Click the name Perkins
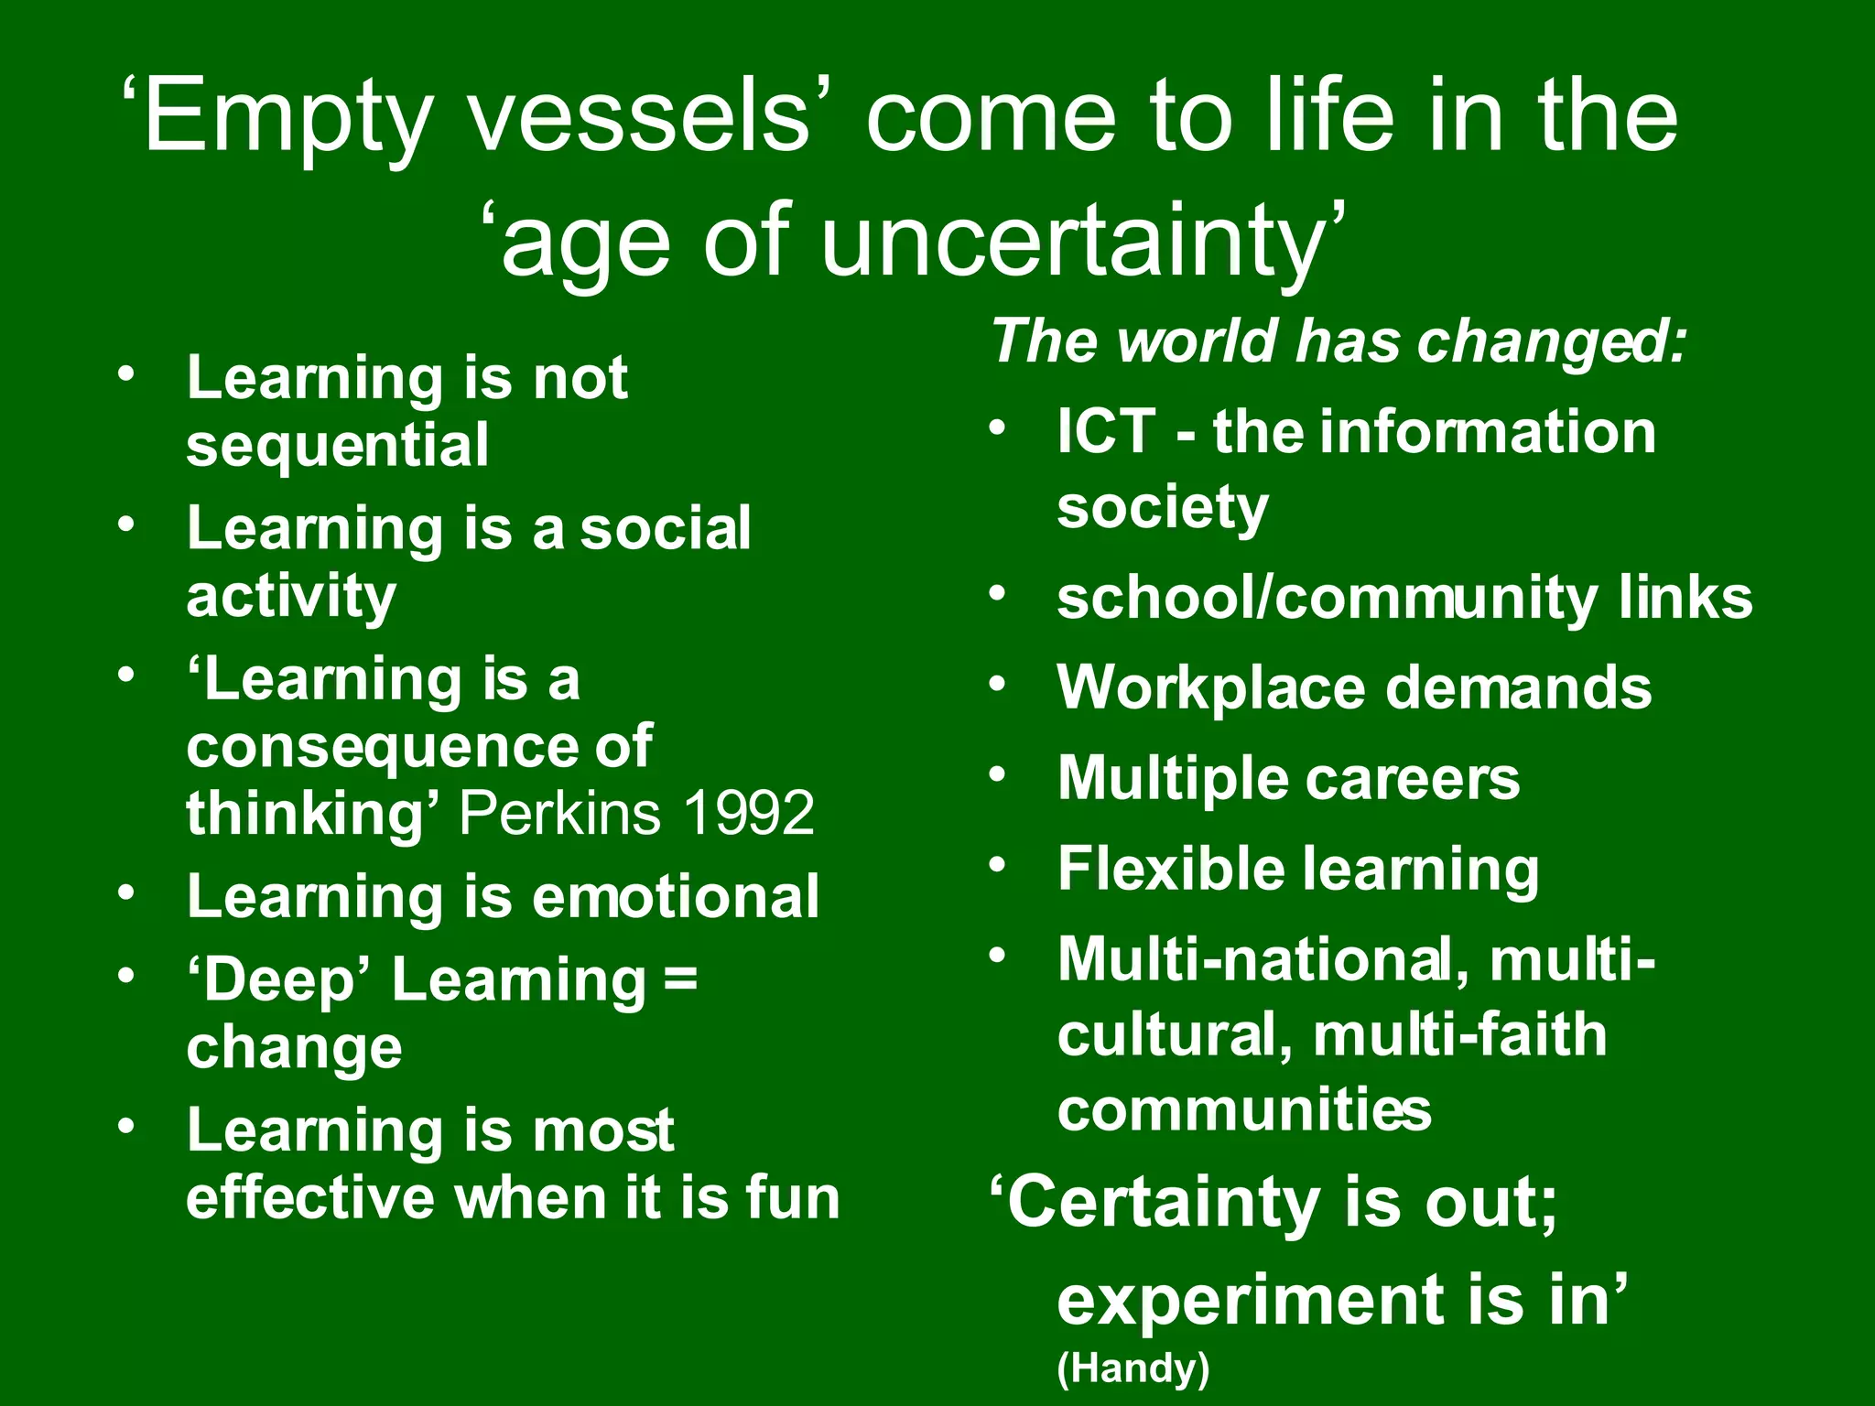coord(559,813)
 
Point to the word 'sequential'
coord(338,446)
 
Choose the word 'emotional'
coord(676,896)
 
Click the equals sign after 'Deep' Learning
coord(680,979)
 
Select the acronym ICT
coord(1105,431)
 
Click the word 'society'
coord(1163,508)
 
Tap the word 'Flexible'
coord(1172,869)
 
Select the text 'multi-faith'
coord(1459,1035)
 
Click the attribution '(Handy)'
coord(1133,1368)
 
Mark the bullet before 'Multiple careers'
coord(998,775)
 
